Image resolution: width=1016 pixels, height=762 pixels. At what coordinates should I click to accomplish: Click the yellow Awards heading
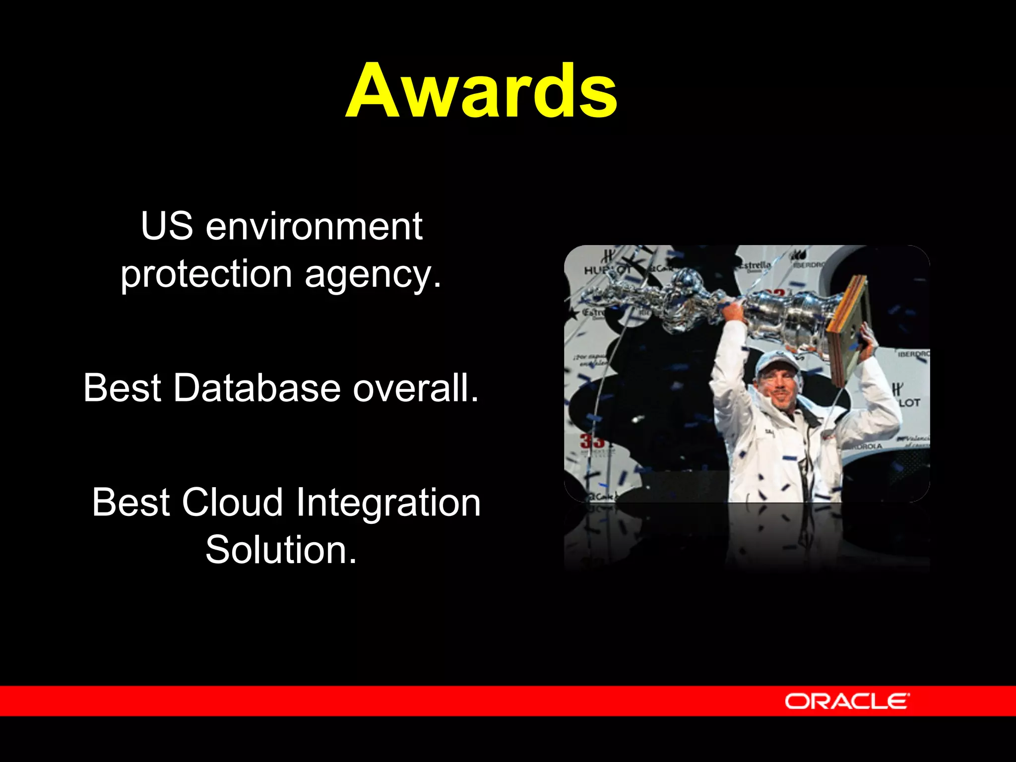481,92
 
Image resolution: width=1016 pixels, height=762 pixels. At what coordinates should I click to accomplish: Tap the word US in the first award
167,226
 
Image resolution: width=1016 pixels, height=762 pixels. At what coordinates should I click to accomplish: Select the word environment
314,226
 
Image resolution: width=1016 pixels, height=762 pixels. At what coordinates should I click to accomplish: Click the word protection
206,274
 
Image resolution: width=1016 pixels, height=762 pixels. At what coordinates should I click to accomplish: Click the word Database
256,388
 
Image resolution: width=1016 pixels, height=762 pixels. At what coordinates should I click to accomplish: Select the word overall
416,388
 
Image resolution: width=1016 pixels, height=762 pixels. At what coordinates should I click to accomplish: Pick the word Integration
388,503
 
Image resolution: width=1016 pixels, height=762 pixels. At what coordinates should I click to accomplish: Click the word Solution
281,550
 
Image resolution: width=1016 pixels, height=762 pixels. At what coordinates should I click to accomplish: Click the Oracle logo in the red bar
847,701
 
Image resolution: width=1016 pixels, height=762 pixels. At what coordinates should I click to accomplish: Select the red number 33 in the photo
592,440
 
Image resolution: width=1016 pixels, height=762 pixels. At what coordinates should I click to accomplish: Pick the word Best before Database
122,388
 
